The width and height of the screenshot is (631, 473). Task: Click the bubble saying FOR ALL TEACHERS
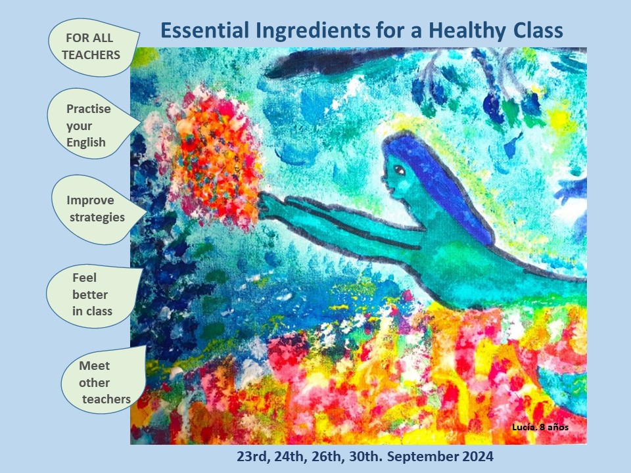(93, 47)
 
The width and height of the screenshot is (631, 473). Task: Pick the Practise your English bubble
(93, 124)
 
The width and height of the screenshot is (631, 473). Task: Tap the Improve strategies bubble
(97, 209)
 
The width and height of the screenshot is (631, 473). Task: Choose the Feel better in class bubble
(94, 295)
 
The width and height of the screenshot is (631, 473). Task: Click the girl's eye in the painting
(400, 170)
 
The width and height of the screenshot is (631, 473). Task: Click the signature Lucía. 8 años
(540, 427)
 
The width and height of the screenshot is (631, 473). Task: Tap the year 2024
(477, 457)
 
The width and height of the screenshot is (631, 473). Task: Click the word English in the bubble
(86, 143)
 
